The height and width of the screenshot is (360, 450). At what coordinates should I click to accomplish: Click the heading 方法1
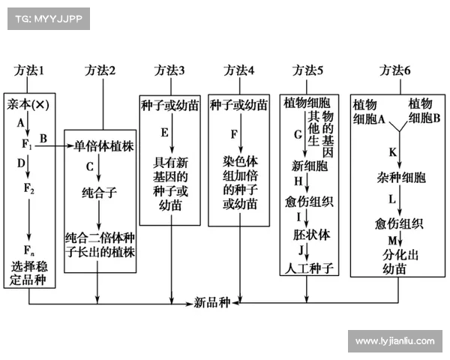pos(29,70)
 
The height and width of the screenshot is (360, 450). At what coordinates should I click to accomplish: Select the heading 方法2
pos(100,70)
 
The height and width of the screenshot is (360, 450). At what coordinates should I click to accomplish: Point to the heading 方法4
pos(239,70)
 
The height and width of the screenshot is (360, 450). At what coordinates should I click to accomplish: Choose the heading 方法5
pos(307,70)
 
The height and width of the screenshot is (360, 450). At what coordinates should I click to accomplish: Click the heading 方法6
pos(395,70)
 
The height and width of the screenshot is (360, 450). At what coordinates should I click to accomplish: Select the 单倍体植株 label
pos(103,146)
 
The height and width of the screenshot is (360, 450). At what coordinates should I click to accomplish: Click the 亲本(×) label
pos(28,104)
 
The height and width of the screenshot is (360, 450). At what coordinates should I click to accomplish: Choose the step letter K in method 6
pos(392,152)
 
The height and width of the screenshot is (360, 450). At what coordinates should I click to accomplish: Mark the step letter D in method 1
pos(22,163)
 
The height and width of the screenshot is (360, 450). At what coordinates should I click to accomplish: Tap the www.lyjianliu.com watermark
pos(394,341)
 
